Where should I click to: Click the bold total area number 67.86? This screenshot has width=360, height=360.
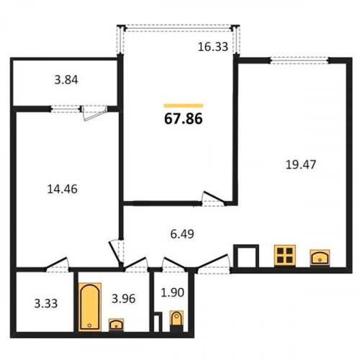tap(184, 119)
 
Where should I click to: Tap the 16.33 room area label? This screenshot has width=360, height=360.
tap(213, 47)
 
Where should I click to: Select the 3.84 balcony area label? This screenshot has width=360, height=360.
tap(66, 80)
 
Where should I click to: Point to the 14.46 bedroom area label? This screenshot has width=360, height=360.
tap(63, 189)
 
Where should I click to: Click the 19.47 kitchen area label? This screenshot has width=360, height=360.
tap(301, 165)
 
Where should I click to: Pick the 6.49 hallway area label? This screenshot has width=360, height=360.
tap(182, 234)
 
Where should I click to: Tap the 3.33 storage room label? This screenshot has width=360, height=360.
tap(46, 304)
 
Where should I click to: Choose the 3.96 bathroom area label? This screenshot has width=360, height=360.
tap(124, 299)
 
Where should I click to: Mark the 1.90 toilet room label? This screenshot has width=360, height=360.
tap(172, 292)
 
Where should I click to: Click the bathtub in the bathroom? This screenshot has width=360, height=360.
tap(90, 307)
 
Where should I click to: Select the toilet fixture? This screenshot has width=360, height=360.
tap(176, 321)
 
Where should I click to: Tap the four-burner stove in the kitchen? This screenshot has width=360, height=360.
tap(285, 256)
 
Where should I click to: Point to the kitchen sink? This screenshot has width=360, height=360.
tap(320, 258)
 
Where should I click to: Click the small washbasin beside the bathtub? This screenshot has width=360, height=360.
tap(116, 325)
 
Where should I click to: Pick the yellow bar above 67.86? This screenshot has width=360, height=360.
tap(184, 106)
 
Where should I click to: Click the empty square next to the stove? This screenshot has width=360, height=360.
tap(246, 256)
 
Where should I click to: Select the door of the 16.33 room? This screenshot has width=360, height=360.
tap(213, 199)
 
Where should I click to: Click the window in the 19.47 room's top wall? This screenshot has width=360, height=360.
tap(299, 60)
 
